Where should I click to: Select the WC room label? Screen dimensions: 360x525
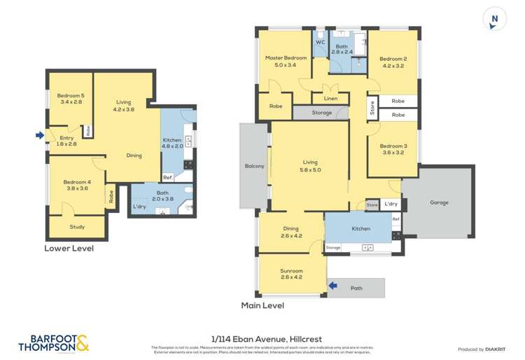coord(320,42)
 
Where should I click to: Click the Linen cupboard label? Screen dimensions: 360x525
coord(331,99)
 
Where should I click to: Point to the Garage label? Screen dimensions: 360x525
coord(439,203)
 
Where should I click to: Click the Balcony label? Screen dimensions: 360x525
coord(255,166)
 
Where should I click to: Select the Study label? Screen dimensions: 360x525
coord(77,227)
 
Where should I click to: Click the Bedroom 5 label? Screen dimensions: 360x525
coord(70,95)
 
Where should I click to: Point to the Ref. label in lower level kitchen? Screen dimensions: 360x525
coord(167,176)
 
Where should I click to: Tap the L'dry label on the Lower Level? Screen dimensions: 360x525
coord(139,207)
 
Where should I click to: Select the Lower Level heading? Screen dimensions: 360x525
coord(69,248)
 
